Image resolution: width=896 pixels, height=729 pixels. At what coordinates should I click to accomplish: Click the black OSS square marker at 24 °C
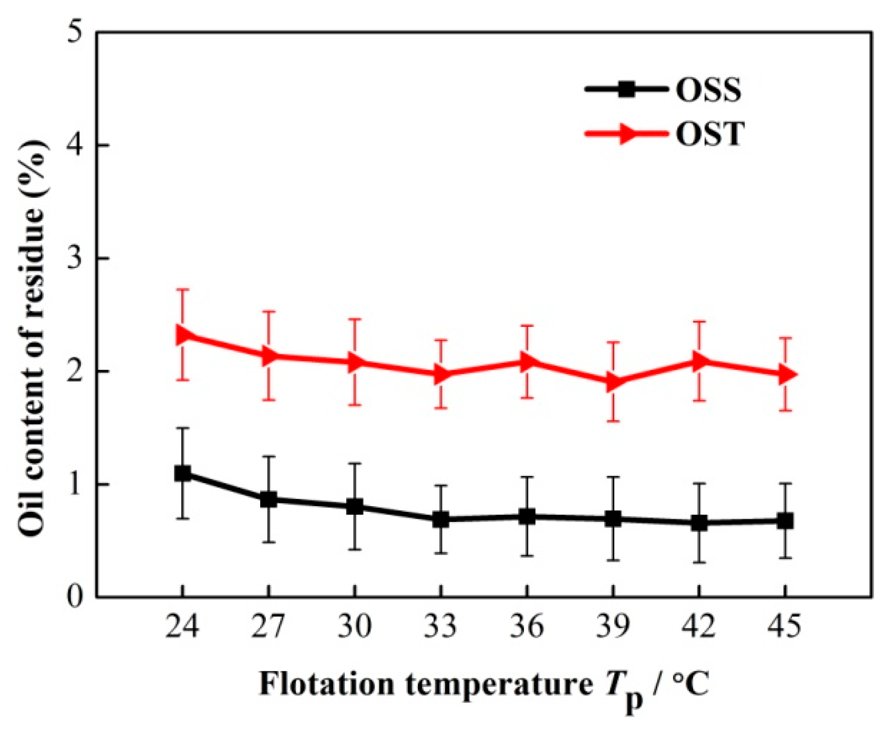pos(182,473)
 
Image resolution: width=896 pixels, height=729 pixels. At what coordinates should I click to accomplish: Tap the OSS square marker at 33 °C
pos(440,519)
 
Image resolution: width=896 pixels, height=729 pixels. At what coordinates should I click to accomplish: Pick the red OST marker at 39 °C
pos(614,382)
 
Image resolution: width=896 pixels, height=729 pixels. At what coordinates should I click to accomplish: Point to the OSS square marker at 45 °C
pos(785,521)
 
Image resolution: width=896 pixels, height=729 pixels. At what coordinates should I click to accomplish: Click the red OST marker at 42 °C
pos(700,362)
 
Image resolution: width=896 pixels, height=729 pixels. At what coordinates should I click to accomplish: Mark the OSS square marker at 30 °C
pos(355,507)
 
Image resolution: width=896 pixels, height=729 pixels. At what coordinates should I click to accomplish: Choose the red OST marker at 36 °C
pos(528,362)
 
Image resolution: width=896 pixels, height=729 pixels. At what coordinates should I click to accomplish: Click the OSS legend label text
pos(708,90)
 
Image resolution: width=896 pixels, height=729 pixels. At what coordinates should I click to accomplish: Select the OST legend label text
pos(710,135)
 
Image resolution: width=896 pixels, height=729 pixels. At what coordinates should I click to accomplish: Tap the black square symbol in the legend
pos(626,89)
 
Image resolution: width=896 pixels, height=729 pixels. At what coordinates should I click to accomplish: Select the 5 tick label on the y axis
pos(77,33)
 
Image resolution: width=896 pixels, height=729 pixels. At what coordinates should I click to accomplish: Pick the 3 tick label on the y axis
pos(77,259)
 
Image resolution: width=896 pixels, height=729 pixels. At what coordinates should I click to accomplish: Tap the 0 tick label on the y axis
pos(77,598)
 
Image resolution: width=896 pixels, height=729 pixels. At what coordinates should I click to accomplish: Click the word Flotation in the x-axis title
pos(326,685)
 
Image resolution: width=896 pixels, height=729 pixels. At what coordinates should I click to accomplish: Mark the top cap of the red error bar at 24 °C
pos(182,289)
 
